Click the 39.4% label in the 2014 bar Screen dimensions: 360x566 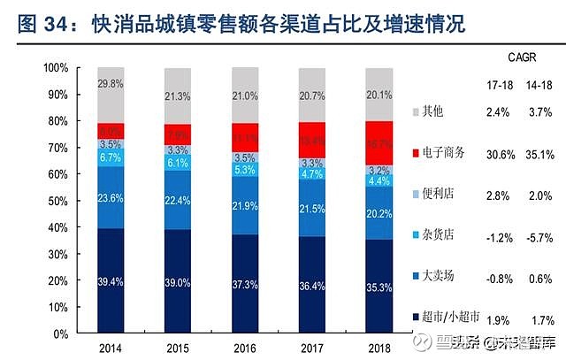110,281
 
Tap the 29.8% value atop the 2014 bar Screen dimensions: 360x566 110,83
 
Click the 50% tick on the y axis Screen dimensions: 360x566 57,202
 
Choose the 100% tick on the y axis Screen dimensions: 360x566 55,68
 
